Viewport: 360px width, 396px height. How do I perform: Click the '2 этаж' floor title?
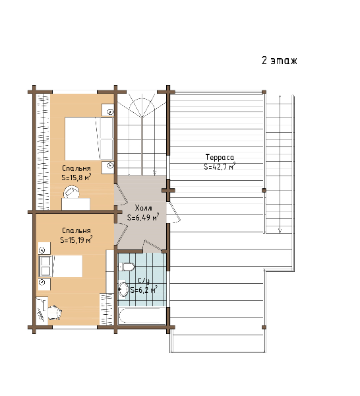[x=280, y=61]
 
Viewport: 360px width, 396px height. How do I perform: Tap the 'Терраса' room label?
[x=220, y=157]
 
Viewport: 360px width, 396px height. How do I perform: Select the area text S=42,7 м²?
[x=220, y=166]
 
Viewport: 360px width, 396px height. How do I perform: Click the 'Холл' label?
[x=143, y=208]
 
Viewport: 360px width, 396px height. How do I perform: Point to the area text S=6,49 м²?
[x=143, y=217]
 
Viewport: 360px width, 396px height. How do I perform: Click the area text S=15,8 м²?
[x=76, y=178]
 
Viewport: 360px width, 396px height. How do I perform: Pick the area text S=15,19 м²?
[x=76, y=240]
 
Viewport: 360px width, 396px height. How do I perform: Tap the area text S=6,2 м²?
[x=144, y=290]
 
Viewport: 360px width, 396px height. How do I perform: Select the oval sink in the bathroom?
[x=123, y=289]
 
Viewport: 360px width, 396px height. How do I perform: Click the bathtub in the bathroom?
[x=142, y=315]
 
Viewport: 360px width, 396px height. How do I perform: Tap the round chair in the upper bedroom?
[x=72, y=193]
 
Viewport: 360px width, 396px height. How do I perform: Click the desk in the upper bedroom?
[x=76, y=203]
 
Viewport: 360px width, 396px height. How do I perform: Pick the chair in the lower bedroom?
[x=54, y=313]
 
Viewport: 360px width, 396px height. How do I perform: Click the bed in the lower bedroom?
[x=61, y=266]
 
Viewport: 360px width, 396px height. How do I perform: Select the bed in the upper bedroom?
[x=89, y=139]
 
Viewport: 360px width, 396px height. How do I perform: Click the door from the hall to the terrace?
[x=174, y=212]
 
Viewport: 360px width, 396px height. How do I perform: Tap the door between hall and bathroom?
[x=152, y=246]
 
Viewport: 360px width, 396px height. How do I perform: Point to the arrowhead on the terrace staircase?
[x=280, y=230]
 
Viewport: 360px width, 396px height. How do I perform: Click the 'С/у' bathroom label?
[x=144, y=281]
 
